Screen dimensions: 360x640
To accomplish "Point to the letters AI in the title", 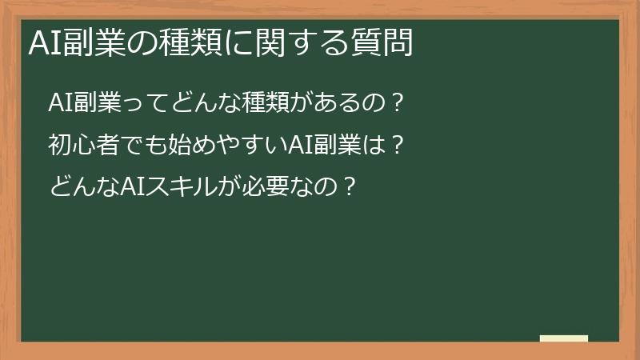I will [41, 43].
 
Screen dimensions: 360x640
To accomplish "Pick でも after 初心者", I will [136, 146].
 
